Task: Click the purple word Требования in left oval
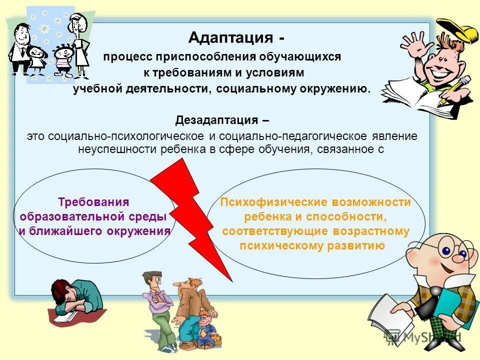pyautogui.click(x=94, y=202)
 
